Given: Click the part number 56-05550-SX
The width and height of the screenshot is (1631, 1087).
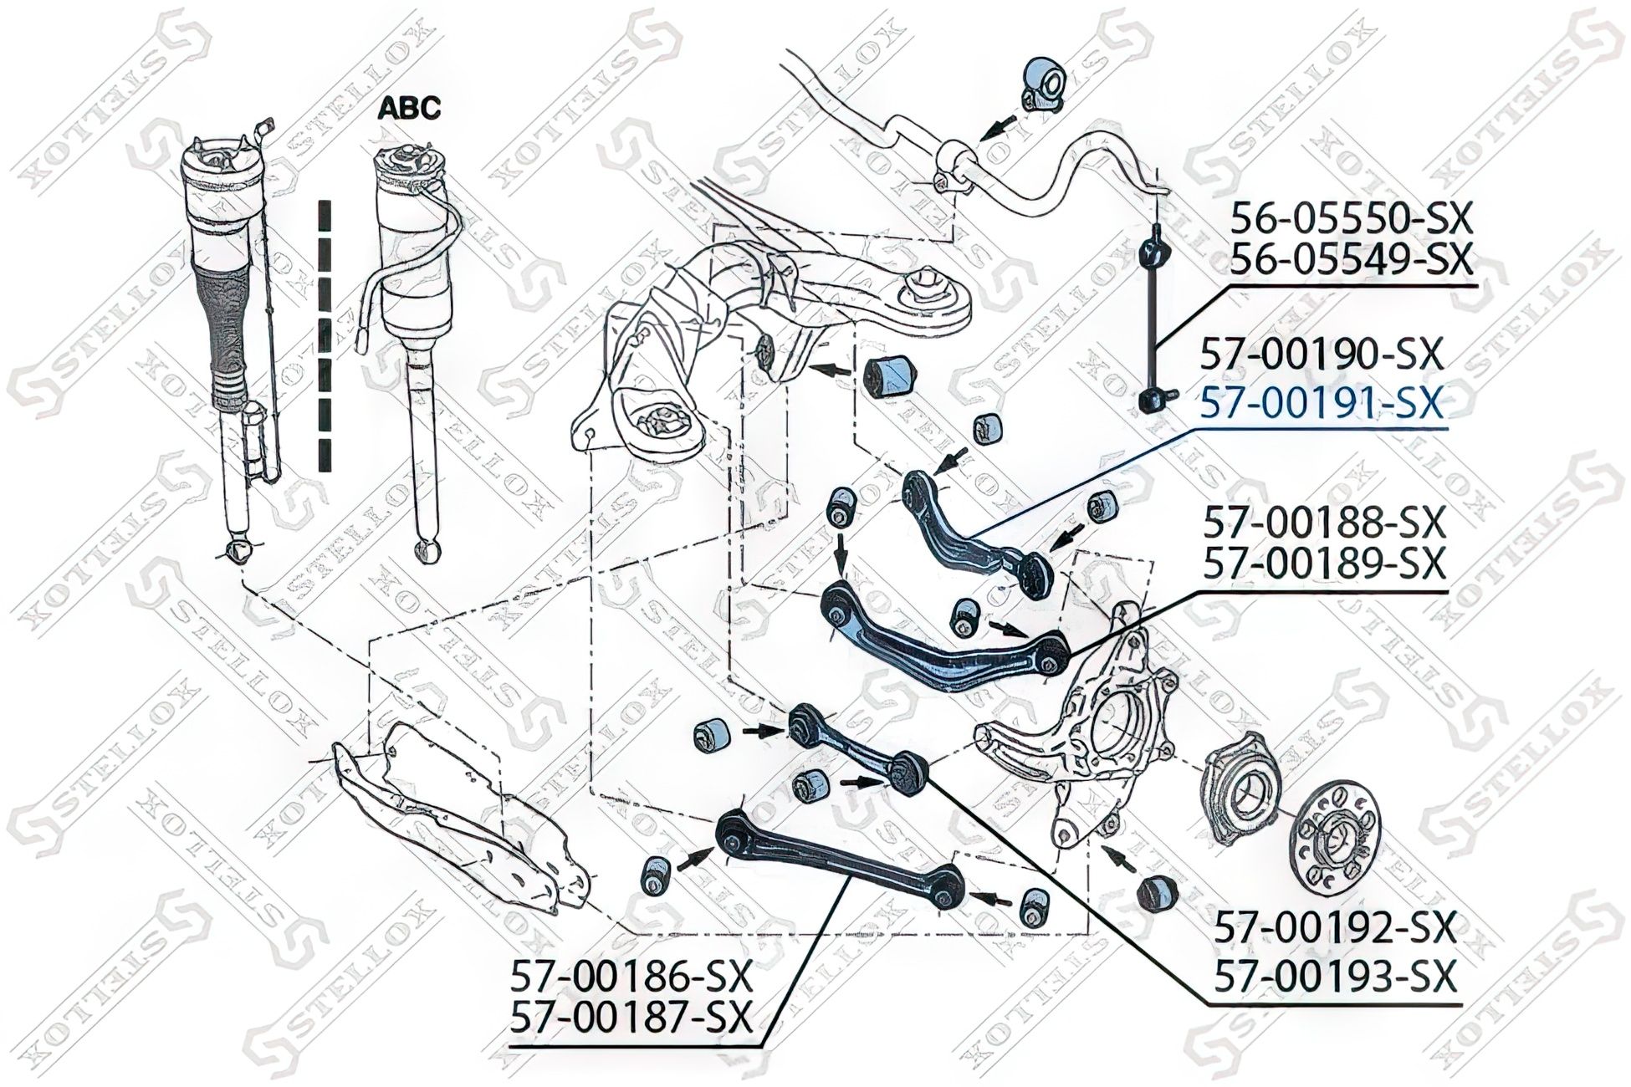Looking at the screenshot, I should click(1349, 220).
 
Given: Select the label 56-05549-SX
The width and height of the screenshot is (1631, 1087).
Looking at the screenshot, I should click(1349, 260).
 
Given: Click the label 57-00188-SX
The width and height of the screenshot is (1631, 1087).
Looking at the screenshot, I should click(1324, 524).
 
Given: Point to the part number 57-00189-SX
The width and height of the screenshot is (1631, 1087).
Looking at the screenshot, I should click(1324, 563).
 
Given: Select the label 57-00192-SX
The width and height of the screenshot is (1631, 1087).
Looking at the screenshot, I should click(1335, 926).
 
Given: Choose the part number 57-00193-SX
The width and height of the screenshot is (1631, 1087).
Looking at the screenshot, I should click(1335, 975).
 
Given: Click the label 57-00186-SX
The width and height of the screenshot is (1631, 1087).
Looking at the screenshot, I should click(631, 974).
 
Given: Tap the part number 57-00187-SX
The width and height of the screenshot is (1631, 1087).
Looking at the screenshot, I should click(631, 1017).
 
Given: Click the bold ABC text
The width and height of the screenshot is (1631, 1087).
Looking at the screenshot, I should click(409, 108).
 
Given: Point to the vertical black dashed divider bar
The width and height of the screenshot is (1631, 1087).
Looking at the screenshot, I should click(325, 334).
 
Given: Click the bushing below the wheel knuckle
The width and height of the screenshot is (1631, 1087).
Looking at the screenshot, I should click(1158, 892).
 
